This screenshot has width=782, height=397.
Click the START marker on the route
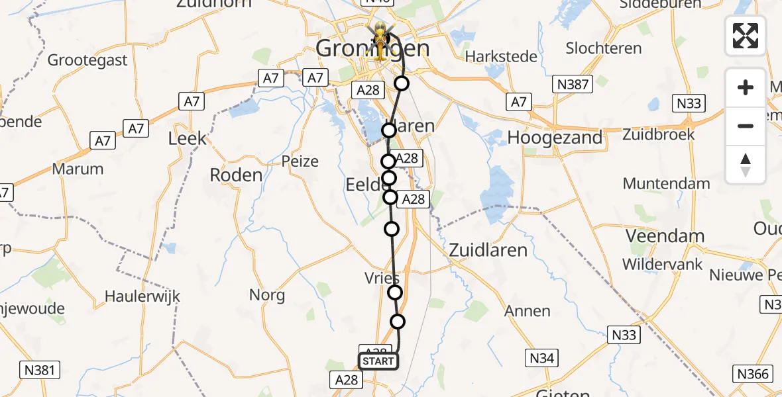pos(378,361)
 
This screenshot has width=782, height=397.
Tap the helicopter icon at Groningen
pos(381,38)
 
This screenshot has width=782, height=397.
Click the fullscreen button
pos(746,36)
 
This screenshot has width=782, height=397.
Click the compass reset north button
pos(746,165)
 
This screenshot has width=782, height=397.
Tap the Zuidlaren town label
pos(488,250)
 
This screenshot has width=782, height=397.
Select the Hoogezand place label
pos(555,138)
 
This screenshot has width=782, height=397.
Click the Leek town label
pos(188,139)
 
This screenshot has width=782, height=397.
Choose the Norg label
pos(267,295)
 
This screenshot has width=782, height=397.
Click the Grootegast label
pos(87,61)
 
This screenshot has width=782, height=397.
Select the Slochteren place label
pos(603,48)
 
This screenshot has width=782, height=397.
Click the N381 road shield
pos(39,370)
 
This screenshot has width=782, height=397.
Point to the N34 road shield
pos(541,359)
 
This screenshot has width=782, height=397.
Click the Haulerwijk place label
pos(142,298)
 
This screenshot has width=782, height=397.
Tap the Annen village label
pos(527,311)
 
